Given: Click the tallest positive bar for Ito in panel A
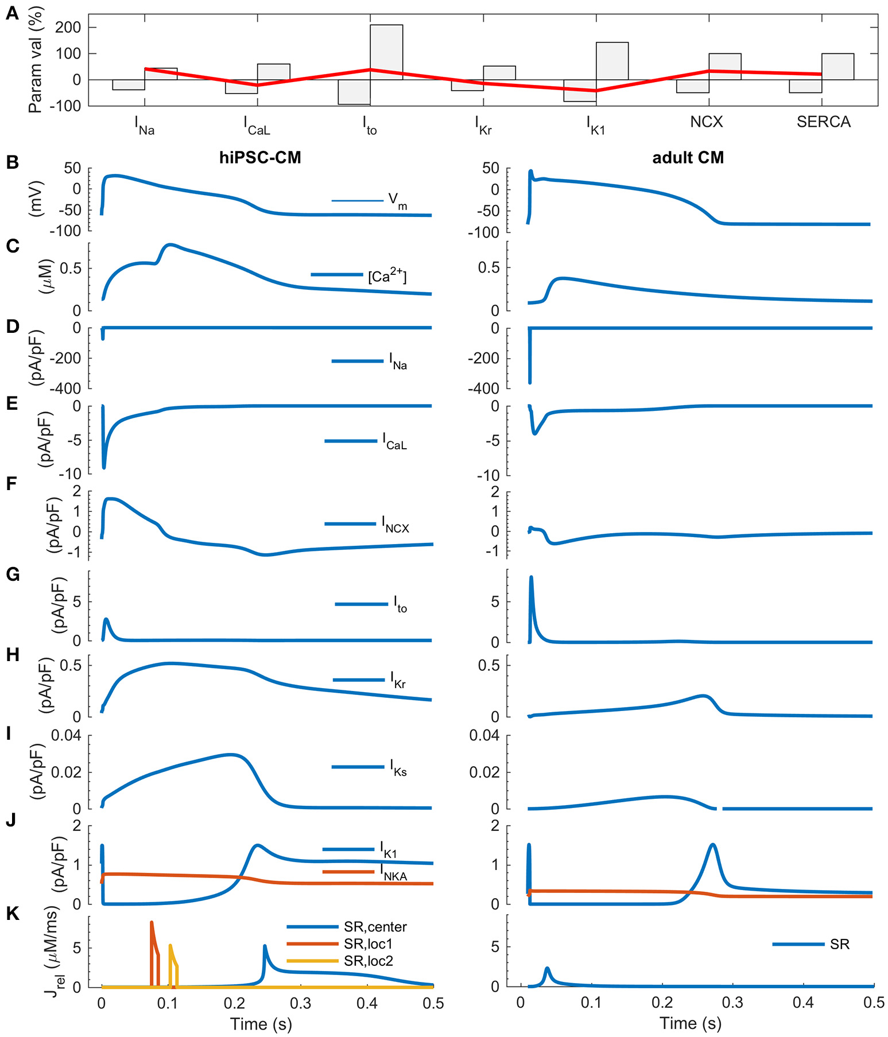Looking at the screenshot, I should click(x=386, y=52).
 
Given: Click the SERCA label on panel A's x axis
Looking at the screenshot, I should click(x=823, y=122).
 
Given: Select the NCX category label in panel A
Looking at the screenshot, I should click(x=706, y=122).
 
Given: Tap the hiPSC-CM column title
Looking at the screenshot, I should click(x=260, y=158).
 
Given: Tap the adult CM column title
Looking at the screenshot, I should click(x=688, y=158).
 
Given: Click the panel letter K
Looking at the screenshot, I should click(x=12, y=914).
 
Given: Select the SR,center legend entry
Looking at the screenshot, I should click(x=375, y=927).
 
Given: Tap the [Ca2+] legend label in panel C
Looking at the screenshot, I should click(x=387, y=276).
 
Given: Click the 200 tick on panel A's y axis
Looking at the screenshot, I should click(x=68, y=28).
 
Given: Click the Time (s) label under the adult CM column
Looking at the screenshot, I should click(x=691, y=1023).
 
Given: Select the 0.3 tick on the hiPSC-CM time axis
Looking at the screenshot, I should click(x=300, y=1003).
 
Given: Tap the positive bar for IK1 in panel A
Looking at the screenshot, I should click(x=612, y=61).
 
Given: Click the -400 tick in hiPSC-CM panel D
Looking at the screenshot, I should click(x=65, y=389).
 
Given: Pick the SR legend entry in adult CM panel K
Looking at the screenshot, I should click(x=839, y=944).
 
